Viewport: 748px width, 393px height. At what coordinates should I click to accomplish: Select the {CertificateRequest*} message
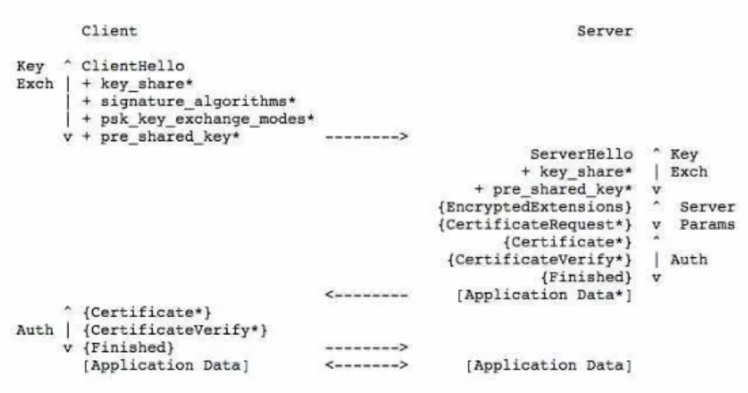(x=534, y=225)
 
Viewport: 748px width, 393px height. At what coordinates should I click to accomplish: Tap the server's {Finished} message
(x=587, y=277)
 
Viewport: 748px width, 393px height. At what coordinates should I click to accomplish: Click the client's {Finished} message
(x=128, y=346)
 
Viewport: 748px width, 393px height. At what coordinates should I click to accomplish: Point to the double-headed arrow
(x=366, y=364)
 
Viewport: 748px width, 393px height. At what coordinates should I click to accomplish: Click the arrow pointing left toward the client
(x=366, y=295)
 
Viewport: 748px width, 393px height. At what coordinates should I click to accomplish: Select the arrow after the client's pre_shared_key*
(x=366, y=137)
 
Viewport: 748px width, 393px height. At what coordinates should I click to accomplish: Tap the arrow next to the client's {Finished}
(x=366, y=347)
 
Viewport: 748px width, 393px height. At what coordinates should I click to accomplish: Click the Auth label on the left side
(x=34, y=329)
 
